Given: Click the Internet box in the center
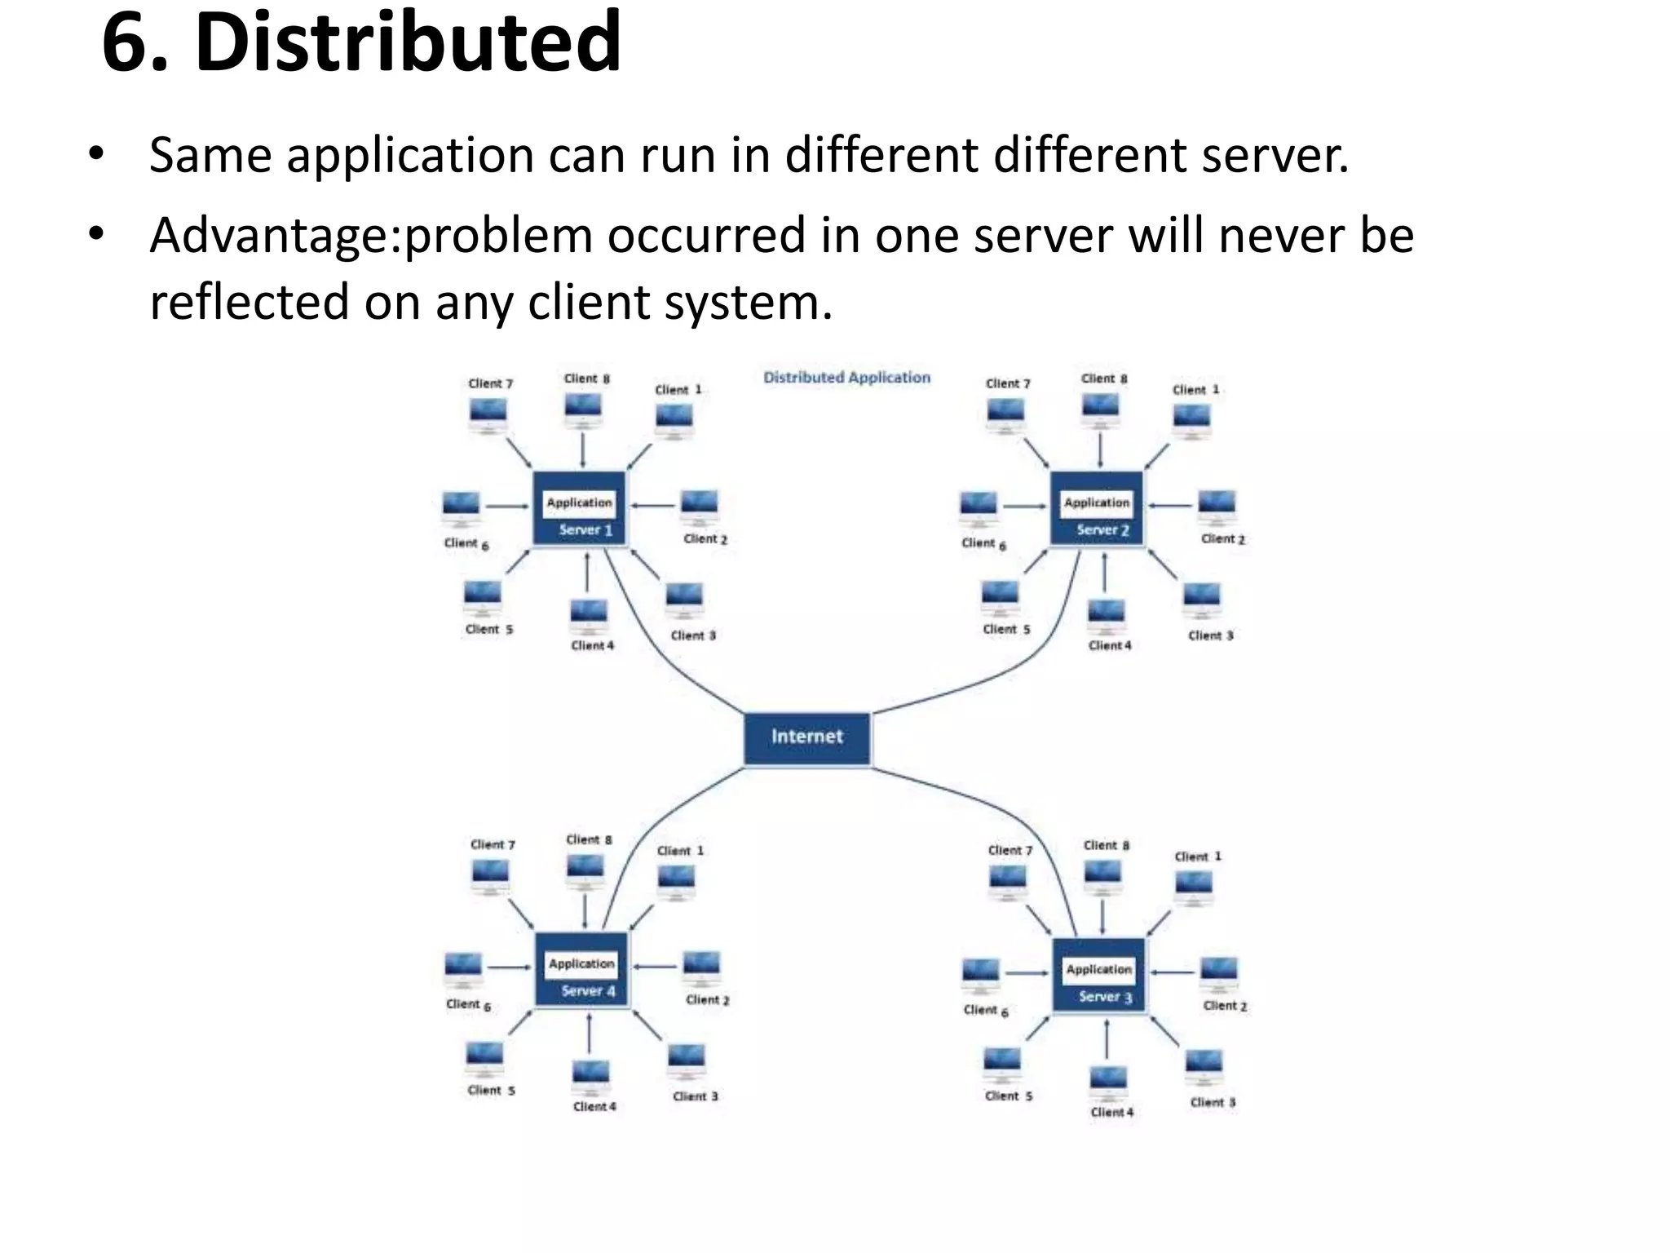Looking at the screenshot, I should (x=806, y=737).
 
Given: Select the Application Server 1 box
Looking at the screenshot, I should (x=580, y=508).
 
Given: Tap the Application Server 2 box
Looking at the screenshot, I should (x=1097, y=508).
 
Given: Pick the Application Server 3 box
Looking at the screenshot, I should (x=1098, y=975).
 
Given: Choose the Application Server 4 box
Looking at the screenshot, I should (x=581, y=969).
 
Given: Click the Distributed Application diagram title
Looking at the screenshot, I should (x=846, y=378).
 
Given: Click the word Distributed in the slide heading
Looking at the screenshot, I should (x=408, y=42).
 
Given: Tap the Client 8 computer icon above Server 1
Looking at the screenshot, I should (x=583, y=408).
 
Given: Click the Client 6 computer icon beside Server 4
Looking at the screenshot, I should (x=463, y=969).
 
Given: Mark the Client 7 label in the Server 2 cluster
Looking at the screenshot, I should (x=1008, y=383).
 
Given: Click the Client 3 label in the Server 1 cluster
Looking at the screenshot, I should (x=693, y=635).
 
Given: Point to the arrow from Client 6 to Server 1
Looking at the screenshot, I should (x=507, y=507).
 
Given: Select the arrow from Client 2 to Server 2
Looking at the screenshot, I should (x=1171, y=506).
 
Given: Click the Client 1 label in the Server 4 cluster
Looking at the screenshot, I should (x=680, y=851).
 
